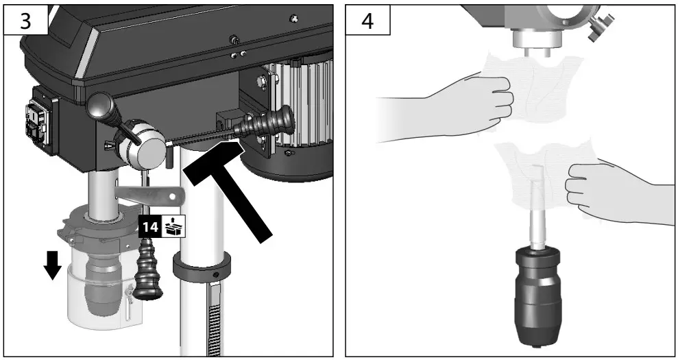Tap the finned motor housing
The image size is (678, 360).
302,103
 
